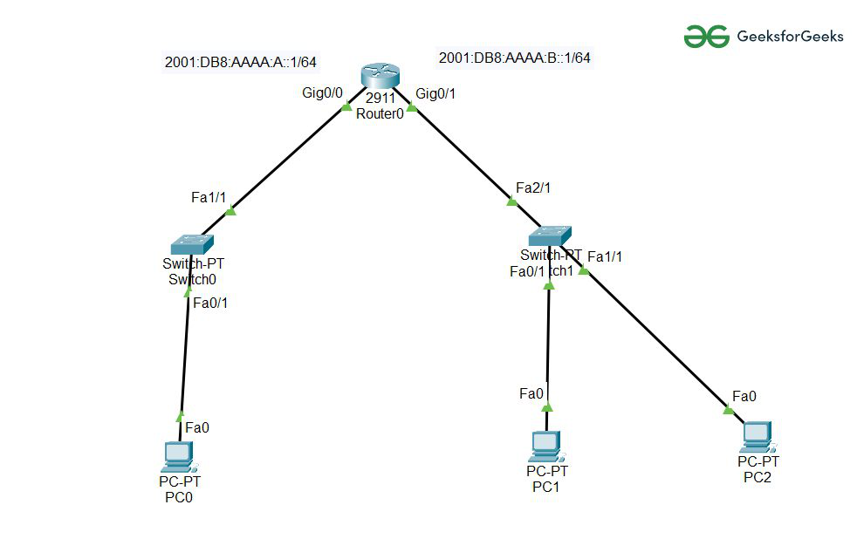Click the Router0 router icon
coord(381,77)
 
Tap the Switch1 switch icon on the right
coord(550,235)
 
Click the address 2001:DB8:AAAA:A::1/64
coord(240,62)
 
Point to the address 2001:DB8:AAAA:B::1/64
coord(514,58)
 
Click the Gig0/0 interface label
coord(323,93)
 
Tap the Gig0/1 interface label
coord(436,93)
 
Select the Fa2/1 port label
coord(533,188)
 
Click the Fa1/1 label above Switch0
coord(209,198)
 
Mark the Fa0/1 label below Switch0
coord(210,304)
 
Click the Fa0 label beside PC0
coord(197,427)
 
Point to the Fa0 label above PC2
coord(744,396)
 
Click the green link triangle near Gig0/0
coord(346,108)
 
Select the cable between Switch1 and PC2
coord(655,339)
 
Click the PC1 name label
coord(545,487)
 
